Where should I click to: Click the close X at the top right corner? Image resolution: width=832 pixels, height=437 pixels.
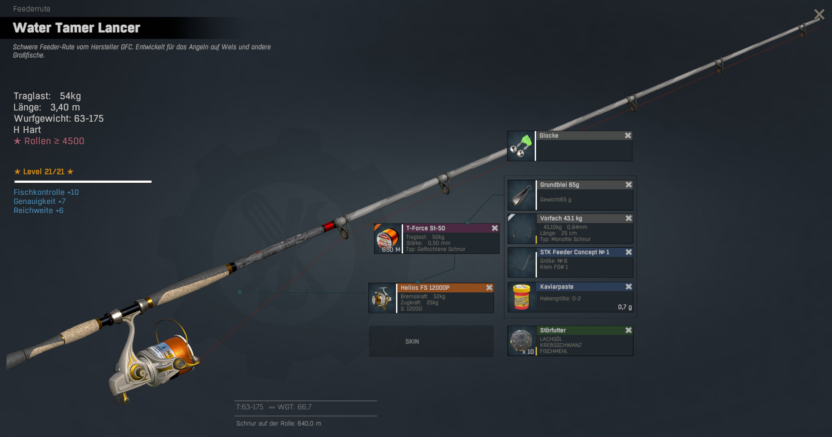(x=819, y=15)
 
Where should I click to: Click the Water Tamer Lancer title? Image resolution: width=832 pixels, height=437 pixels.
(x=77, y=28)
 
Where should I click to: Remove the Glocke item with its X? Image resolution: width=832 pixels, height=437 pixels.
(x=628, y=136)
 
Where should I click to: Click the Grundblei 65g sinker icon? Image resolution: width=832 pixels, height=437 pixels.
(x=522, y=195)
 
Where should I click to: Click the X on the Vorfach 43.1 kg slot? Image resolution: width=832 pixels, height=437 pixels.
(x=629, y=218)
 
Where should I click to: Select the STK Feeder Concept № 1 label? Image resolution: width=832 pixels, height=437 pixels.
(x=575, y=252)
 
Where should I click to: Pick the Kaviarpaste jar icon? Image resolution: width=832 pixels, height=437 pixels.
(x=521, y=297)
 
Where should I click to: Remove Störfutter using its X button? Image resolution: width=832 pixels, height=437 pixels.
(x=629, y=330)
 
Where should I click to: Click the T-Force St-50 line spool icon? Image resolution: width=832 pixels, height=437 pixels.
(x=388, y=239)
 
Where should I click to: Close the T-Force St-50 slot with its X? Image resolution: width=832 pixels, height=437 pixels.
(x=495, y=228)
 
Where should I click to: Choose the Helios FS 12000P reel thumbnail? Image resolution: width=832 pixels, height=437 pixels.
(x=382, y=298)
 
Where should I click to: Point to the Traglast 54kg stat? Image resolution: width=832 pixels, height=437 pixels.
(x=47, y=96)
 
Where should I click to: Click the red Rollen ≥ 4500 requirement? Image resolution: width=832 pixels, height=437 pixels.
(x=49, y=141)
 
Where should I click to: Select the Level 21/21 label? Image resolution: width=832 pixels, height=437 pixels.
(x=44, y=172)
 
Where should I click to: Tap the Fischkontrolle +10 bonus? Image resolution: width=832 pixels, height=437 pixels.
(x=46, y=192)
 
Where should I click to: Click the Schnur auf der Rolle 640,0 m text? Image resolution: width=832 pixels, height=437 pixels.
(x=279, y=424)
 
